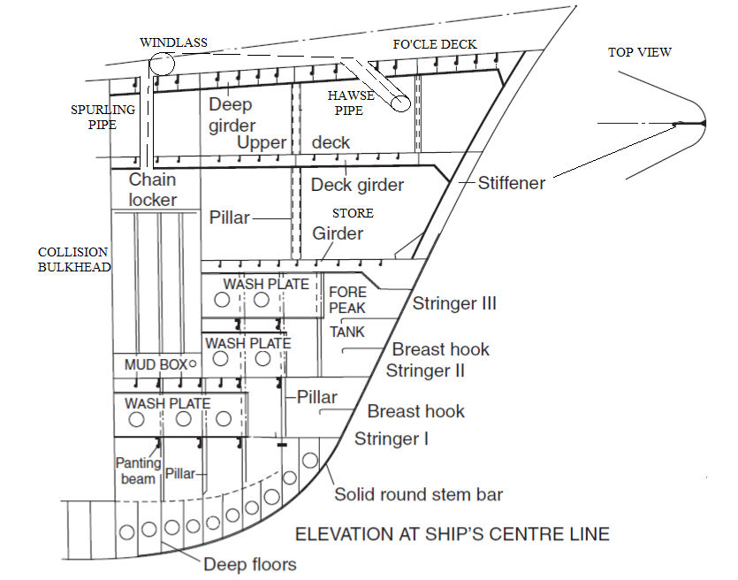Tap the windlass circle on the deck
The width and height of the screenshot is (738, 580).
point(162,64)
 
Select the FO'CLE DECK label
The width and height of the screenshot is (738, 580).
point(434,44)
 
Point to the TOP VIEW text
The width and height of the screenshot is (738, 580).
point(639,52)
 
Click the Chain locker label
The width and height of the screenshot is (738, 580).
point(153,190)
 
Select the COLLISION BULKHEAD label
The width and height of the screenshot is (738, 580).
point(72,259)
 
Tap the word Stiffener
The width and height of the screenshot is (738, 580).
point(512,184)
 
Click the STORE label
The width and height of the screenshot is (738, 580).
point(353,213)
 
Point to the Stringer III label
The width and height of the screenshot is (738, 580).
point(454,304)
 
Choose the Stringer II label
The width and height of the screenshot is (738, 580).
point(425,370)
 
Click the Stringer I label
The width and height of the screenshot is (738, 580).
point(392,439)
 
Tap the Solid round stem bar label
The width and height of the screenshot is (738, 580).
point(418,494)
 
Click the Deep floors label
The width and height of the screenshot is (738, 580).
point(250,564)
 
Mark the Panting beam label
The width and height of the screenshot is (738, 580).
point(138,470)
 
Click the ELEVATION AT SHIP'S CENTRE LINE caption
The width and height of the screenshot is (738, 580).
point(452,534)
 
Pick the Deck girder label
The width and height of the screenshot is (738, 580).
point(357,185)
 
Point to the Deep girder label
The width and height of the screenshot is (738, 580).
point(232,115)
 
